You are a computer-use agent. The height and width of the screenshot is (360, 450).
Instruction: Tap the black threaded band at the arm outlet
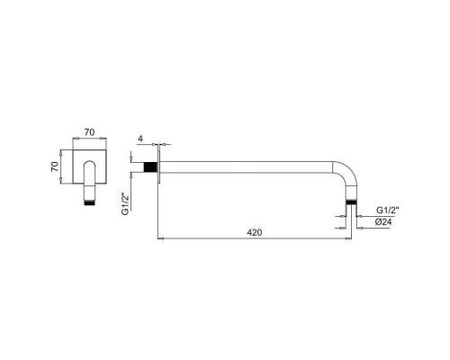point(353,203)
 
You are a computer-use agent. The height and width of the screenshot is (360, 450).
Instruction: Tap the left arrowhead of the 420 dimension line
point(162,239)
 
